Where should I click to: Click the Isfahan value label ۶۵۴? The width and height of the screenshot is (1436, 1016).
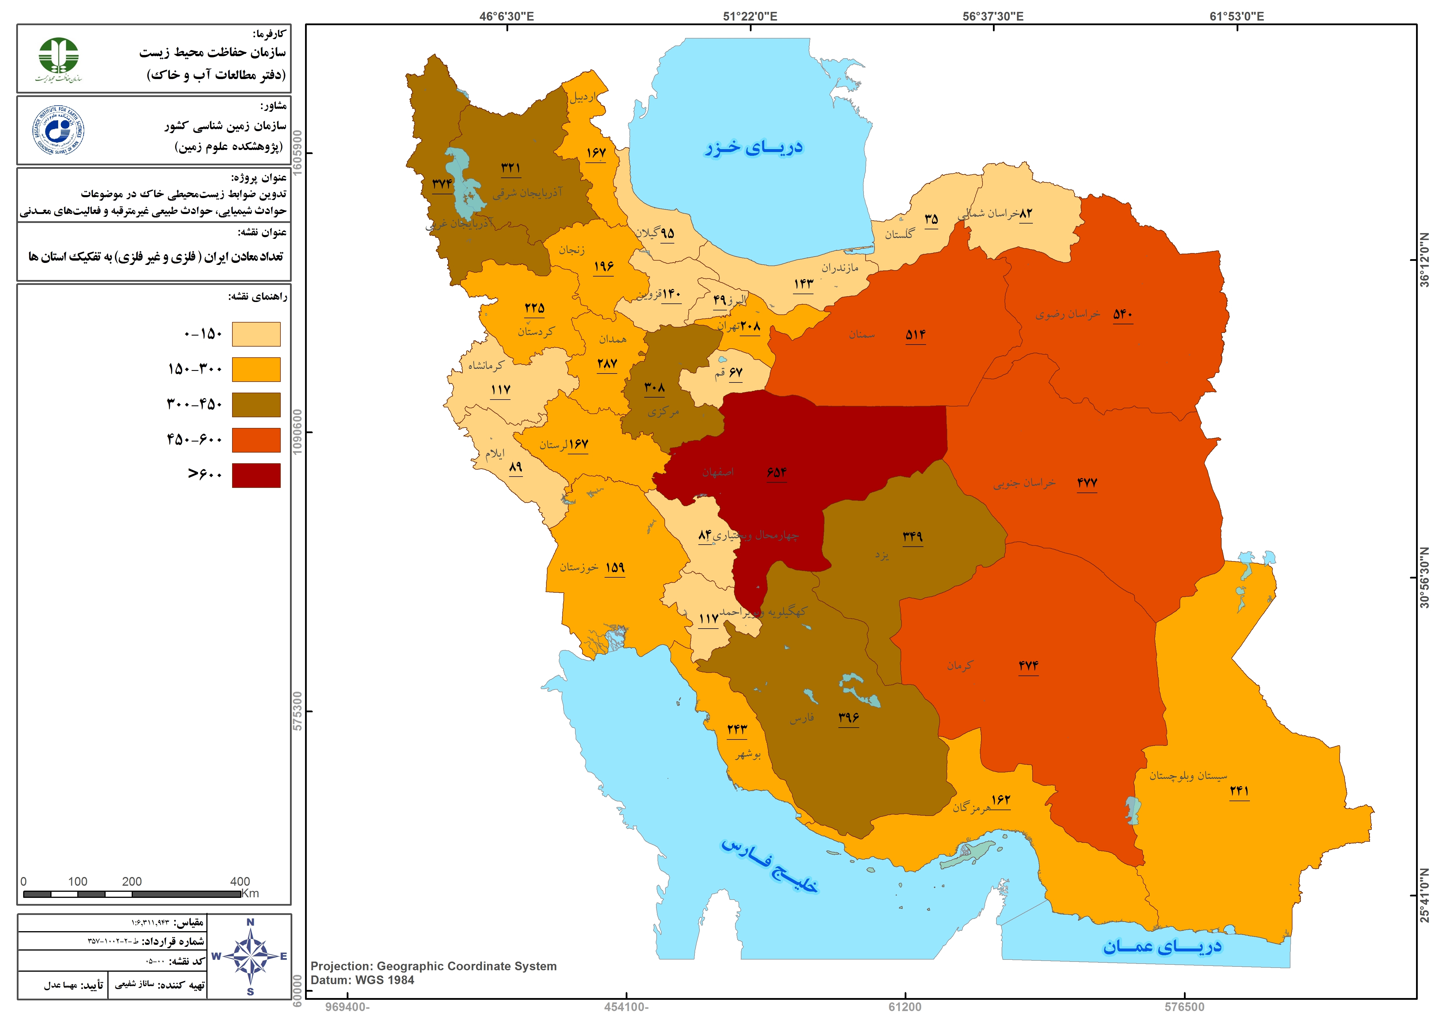coord(776,472)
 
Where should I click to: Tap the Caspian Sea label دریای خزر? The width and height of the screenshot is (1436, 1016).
coord(754,148)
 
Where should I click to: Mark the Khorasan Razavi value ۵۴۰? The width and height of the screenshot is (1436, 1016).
coord(1123,314)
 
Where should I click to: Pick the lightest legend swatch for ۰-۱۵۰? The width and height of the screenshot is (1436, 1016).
coord(256,334)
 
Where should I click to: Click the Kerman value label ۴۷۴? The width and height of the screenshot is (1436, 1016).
coord(1028,666)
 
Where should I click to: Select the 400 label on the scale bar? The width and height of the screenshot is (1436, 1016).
coord(240,881)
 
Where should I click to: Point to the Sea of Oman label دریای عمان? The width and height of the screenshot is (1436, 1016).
coord(1162,946)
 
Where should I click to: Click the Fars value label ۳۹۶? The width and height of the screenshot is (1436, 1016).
coord(849,717)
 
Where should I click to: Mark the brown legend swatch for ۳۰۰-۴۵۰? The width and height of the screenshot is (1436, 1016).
coord(256,405)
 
